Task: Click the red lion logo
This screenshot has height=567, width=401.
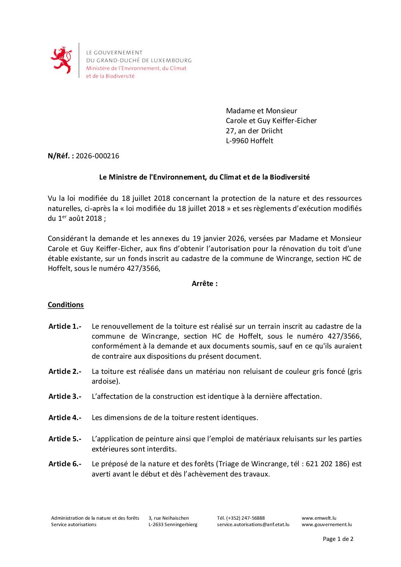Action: click(x=61, y=60)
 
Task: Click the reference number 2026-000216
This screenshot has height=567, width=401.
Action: click(x=97, y=156)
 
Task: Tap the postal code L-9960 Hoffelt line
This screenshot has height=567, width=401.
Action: click(x=249, y=141)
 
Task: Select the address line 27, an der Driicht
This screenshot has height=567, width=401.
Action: click(x=254, y=131)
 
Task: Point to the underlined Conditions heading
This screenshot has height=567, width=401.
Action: click(x=66, y=305)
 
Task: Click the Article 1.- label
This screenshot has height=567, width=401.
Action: click(x=65, y=326)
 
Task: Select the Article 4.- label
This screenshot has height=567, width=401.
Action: click(x=65, y=418)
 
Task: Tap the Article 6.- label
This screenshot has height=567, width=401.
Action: click(x=65, y=464)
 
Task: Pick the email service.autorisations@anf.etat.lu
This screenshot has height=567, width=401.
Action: click(x=253, y=525)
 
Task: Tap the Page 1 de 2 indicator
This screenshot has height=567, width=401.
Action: click(x=338, y=539)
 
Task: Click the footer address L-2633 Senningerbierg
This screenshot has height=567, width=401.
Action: click(x=173, y=525)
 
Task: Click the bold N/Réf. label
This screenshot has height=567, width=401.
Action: click(x=61, y=156)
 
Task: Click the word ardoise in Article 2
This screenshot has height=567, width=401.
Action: click(x=105, y=381)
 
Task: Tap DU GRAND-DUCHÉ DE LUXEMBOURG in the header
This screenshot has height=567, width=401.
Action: click(x=139, y=61)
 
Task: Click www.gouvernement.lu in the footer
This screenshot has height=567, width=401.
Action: click(x=326, y=525)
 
